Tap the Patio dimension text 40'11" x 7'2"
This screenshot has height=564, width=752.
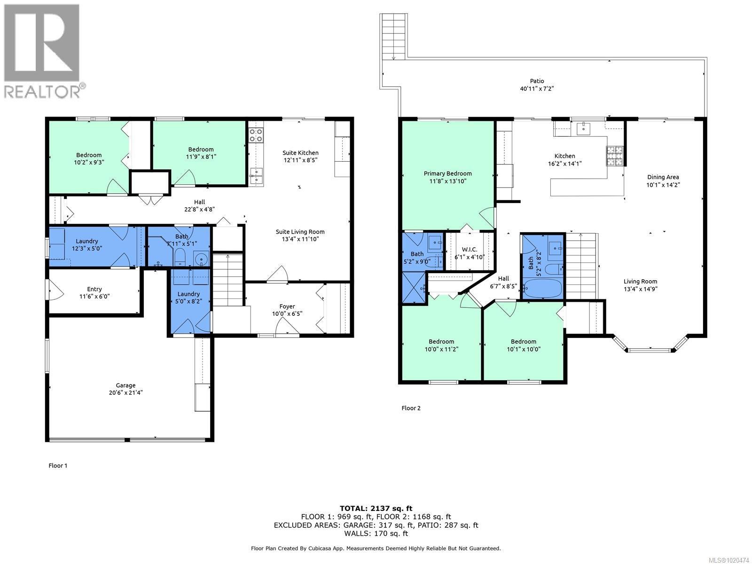pos(537,88)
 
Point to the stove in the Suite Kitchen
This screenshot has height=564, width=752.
pos(256,135)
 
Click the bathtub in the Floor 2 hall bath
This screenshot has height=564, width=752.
pos(542,288)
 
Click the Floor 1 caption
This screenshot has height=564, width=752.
pos(58,466)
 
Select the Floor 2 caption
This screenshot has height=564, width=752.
pos(411,408)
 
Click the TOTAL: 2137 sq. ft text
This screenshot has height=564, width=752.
pos(376,508)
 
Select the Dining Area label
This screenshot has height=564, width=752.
pos(663,177)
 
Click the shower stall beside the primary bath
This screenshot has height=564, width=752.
pos(413,289)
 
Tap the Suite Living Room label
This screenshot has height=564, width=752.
pos(300,232)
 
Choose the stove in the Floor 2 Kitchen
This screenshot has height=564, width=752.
pos(615,157)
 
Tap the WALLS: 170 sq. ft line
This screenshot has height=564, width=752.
pos(376,533)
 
